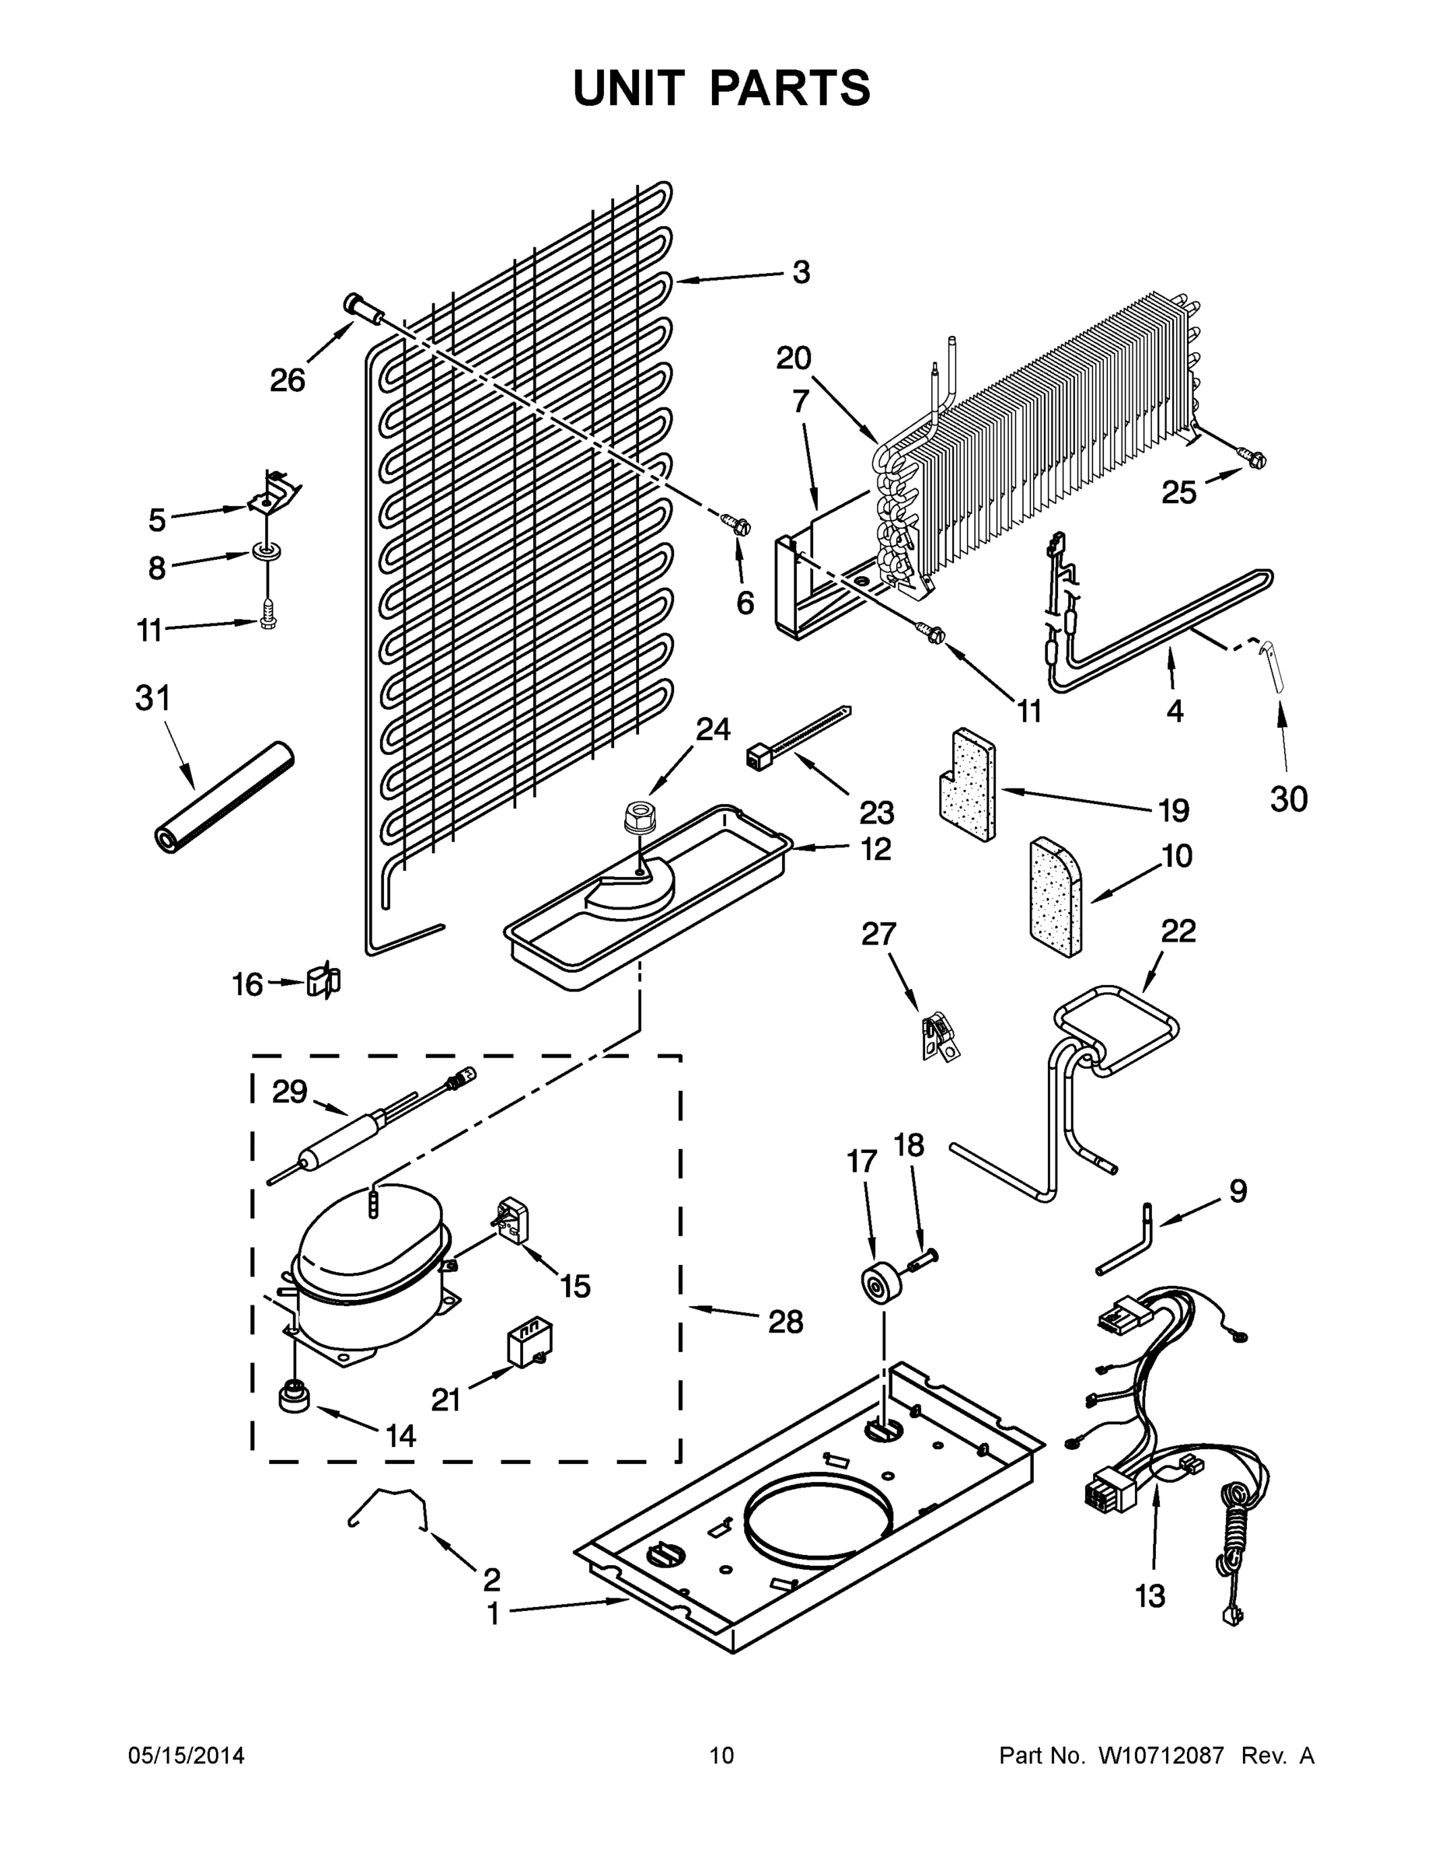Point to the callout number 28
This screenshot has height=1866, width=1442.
tap(785, 1322)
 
